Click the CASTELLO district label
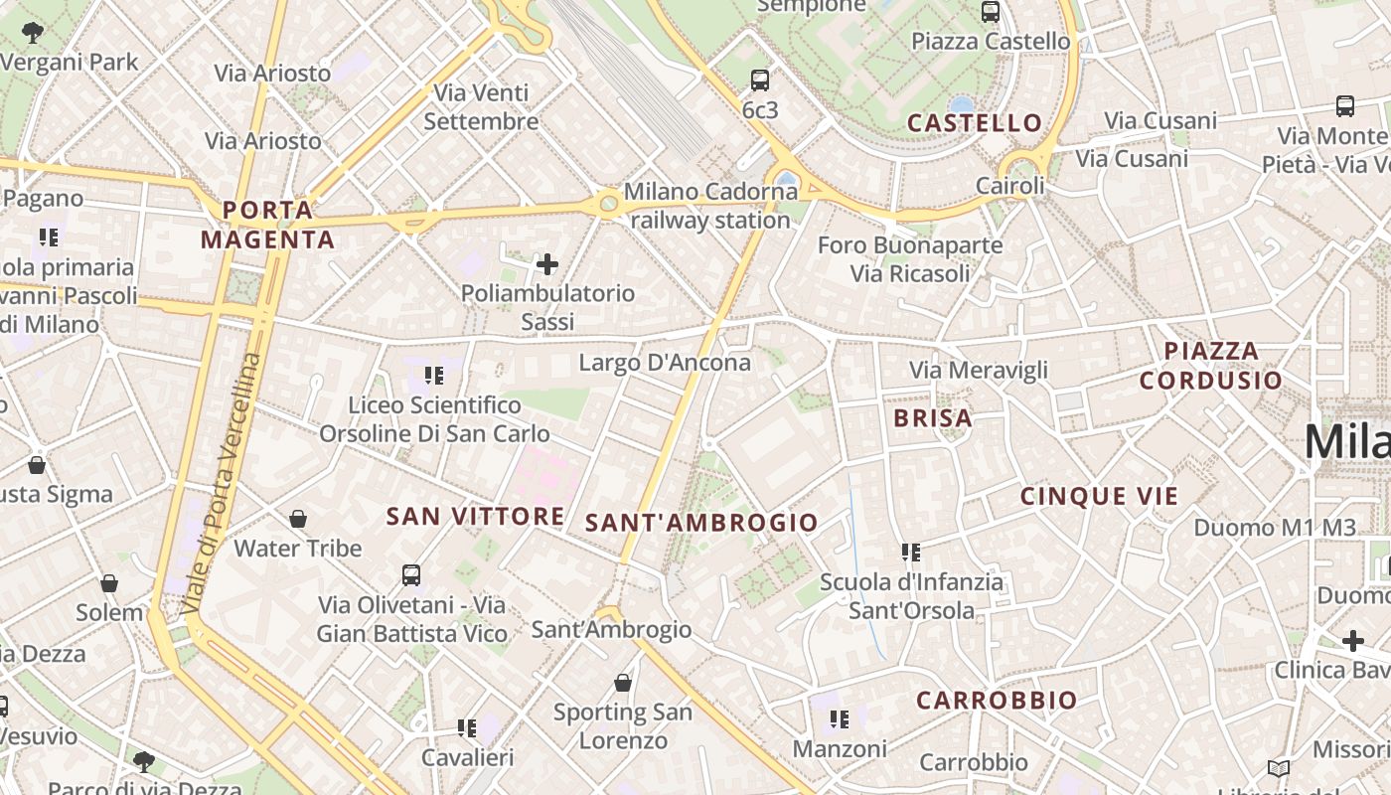pyautogui.click(x=975, y=123)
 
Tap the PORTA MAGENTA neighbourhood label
pyautogui.click(x=267, y=225)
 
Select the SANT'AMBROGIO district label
pyautogui.click(x=701, y=523)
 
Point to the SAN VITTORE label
pyautogui.click(x=475, y=516)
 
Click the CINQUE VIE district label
pyautogui.click(x=1099, y=496)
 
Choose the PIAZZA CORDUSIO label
pyautogui.click(x=1210, y=365)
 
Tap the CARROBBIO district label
pyautogui.click(x=997, y=701)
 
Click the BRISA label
pyautogui.click(x=933, y=418)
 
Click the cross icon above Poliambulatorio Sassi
pyautogui.click(x=547, y=264)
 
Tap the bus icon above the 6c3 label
pyautogui.click(x=760, y=80)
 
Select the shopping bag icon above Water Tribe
pyautogui.click(x=298, y=519)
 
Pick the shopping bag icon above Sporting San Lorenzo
pyautogui.click(x=623, y=683)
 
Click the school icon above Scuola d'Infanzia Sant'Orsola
pyautogui.click(x=911, y=553)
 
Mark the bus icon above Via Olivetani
pyautogui.click(x=411, y=574)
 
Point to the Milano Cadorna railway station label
pyautogui.click(x=710, y=205)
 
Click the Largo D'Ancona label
pyautogui.click(x=665, y=363)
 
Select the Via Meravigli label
pyautogui.click(x=979, y=371)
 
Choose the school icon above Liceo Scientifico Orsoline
pyautogui.click(x=434, y=376)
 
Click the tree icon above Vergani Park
pyautogui.click(x=33, y=32)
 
